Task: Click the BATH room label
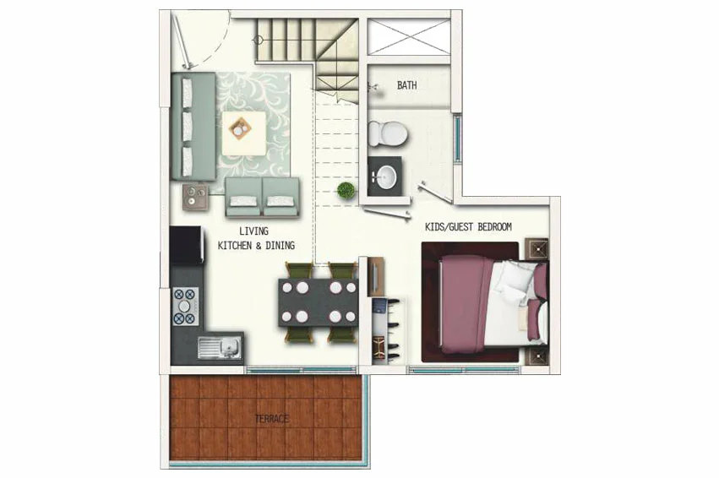(406, 85)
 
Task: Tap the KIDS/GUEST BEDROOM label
(468, 226)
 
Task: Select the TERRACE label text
(272, 418)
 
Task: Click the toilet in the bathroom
(388, 133)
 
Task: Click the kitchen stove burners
(185, 307)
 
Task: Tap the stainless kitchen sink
(221, 347)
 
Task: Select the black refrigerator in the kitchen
(186, 245)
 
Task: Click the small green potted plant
(346, 190)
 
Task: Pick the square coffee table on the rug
(244, 133)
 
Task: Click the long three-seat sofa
(193, 126)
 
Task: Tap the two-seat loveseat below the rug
(262, 197)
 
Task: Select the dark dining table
(319, 302)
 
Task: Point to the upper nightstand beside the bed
(537, 249)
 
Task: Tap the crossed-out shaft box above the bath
(409, 37)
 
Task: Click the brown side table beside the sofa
(195, 197)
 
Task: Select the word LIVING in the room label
(253, 231)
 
